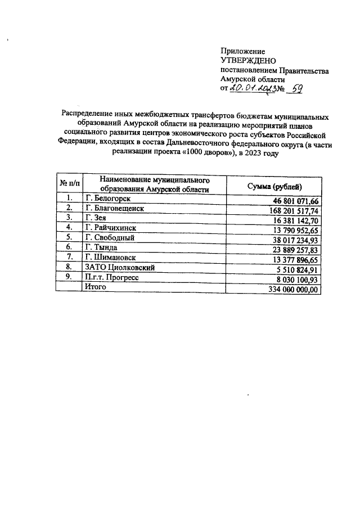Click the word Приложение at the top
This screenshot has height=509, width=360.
pos(242,51)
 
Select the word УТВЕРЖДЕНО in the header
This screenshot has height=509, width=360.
pos(247,61)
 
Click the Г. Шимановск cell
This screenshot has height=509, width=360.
pos(111,258)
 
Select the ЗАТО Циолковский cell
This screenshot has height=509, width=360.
pos(119,268)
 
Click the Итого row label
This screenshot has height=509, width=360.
pos(95,287)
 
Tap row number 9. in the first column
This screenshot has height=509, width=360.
pos(69,277)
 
